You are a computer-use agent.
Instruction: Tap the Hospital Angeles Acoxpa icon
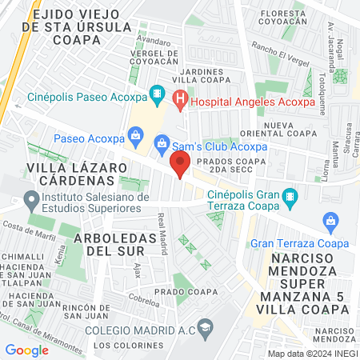[x=180, y=99]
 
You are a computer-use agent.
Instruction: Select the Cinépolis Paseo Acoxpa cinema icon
[x=157, y=94]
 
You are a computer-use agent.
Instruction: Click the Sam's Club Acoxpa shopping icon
[x=162, y=143]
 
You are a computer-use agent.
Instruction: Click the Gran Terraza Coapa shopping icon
[x=330, y=221]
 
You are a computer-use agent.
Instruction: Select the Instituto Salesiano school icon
[x=33, y=198]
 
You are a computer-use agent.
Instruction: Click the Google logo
[x=26, y=350]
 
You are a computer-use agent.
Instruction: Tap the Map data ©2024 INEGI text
[x=312, y=354]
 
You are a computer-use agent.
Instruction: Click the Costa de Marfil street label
[x=22, y=227]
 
